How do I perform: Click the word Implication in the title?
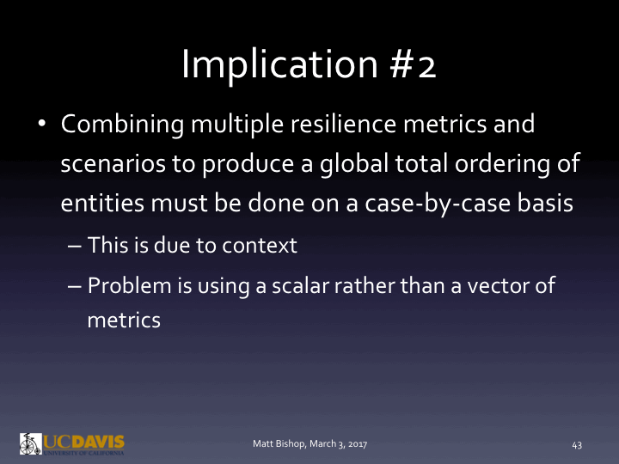(x=282, y=64)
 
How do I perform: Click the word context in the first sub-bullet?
(x=259, y=246)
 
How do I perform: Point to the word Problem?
(x=124, y=286)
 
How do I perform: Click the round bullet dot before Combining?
(x=41, y=125)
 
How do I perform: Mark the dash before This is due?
(x=73, y=246)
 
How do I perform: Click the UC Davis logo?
(x=72, y=443)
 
